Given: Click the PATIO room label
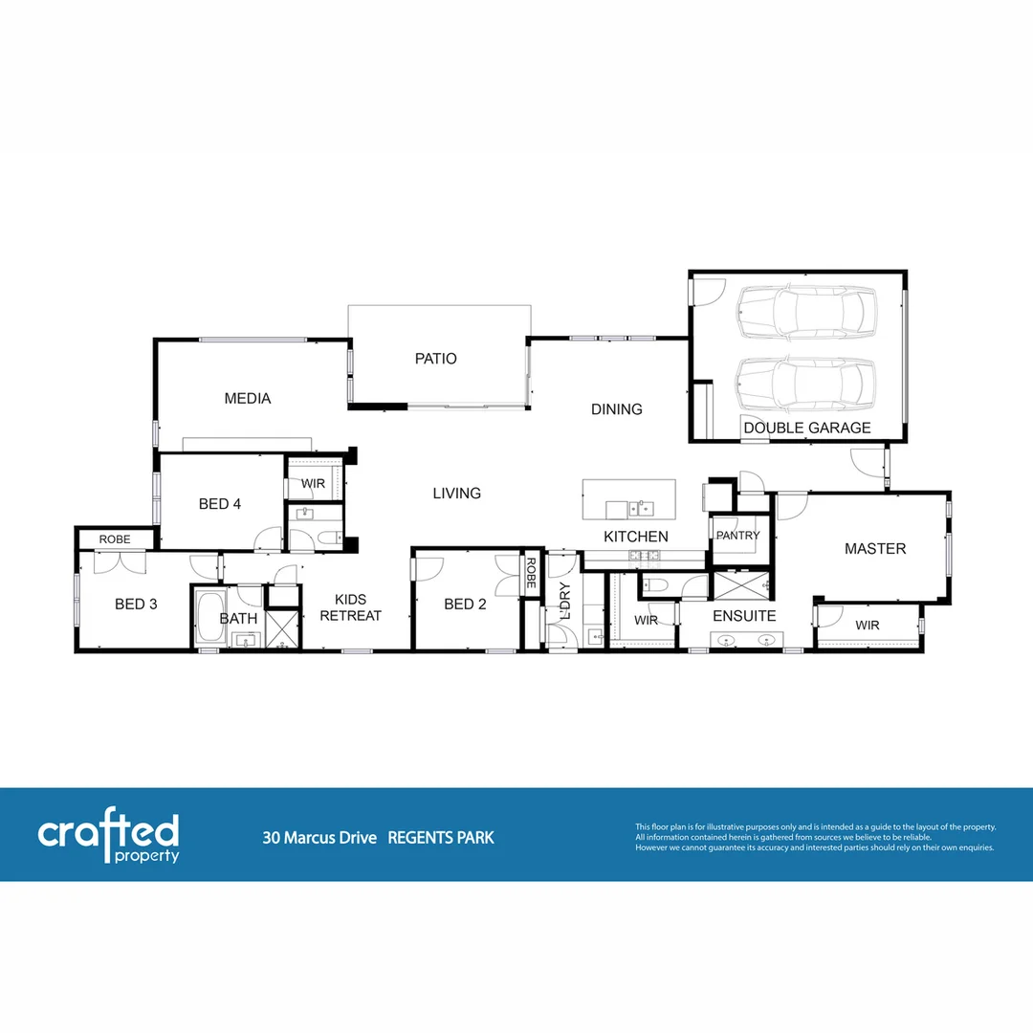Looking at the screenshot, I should click(435, 359).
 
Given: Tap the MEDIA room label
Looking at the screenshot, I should click(247, 398).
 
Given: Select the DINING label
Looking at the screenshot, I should click(616, 409).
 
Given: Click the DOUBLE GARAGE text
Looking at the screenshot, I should click(807, 428).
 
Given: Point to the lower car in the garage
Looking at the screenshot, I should click(805, 381).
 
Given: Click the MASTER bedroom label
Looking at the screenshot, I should click(874, 548).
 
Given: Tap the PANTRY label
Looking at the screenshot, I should click(737, 536).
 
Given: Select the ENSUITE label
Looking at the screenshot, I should click(744, 615).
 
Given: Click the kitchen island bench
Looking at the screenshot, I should click(628, 498).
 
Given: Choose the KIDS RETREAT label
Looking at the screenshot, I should click(350, 607).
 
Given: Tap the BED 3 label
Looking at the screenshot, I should click(136, 604).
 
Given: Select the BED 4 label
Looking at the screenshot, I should click(219, 503).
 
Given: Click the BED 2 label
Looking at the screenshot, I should click(465, 604).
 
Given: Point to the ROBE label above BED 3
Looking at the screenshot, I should click(115, 539).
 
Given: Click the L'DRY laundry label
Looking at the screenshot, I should click(564, 600).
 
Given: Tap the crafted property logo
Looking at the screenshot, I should click(108, 838).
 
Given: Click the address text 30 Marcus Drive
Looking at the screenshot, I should click(319, 838).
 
